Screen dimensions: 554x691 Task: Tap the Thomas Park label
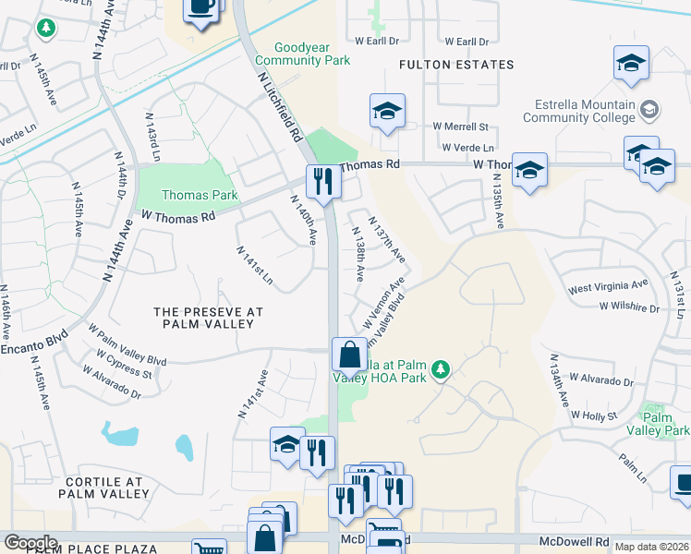point(200,195)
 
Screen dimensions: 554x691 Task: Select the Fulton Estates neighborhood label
point(455,65)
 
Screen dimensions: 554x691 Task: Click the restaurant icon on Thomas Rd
point(322,180)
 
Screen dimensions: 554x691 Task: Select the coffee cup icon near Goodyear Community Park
point(201,8)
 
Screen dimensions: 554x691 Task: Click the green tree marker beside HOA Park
point(442,370)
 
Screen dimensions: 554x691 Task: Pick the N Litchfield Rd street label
point(278,106)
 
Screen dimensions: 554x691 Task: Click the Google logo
point(30,543)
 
